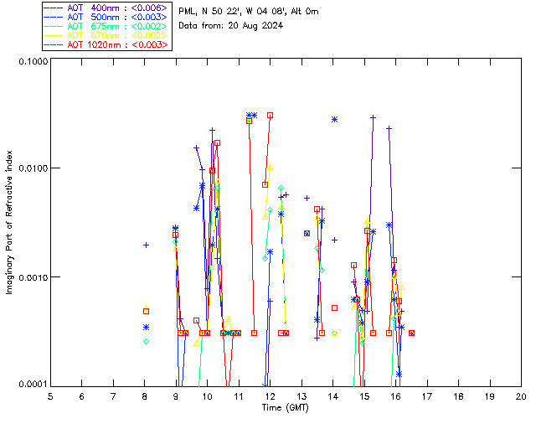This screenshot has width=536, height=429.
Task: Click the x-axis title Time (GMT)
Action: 284,407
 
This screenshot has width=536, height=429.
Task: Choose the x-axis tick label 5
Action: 50,395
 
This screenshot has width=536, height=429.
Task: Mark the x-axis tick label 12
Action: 270,395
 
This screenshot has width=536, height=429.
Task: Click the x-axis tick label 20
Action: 521,395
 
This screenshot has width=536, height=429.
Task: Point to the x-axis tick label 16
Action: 395,395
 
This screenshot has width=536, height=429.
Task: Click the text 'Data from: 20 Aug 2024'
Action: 231,26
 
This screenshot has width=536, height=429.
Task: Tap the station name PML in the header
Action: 187,12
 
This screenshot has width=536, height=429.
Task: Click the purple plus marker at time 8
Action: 146,245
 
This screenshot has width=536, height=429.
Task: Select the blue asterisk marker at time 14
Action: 334,119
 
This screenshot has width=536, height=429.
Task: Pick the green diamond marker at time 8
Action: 146,341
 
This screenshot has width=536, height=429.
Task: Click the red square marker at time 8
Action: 146,311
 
